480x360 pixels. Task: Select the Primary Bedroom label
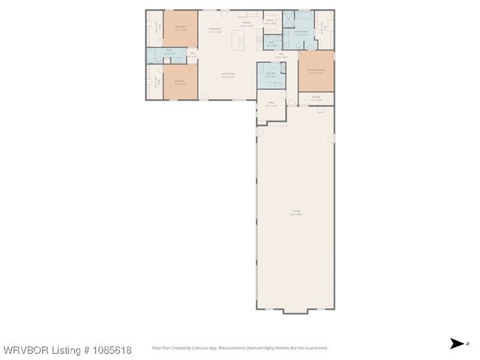[x=316, y=71]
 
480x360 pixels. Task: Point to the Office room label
[x=271, y=103]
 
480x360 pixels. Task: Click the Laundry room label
[x=270, y=73]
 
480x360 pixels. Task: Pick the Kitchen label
[x=245, y=24]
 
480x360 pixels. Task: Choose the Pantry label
[x=270, y=22]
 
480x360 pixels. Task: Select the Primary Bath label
[x=300, y=33]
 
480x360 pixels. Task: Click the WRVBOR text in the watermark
[x=25, y=350]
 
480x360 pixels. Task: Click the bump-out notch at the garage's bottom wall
[x=295, y=311]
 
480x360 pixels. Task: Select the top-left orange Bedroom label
[x=180, y=28]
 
